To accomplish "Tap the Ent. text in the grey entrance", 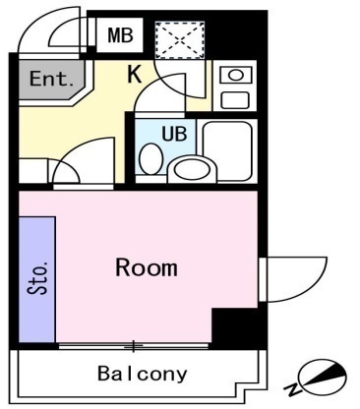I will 47,80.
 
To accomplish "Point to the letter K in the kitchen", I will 135,72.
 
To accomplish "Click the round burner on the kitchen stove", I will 236,76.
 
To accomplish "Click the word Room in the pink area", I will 146,266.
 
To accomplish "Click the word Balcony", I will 142,374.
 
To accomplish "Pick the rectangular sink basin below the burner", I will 236,98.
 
